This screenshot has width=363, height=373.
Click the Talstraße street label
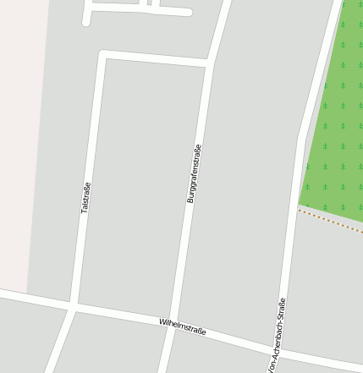(x=85, y=197)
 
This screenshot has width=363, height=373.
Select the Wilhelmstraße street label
(x=183, y=326)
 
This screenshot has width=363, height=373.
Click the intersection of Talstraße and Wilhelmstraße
(x=73, y=306)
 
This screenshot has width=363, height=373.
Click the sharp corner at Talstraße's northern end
(x=102, y=55)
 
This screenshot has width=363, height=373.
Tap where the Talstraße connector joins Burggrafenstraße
(x=208, y=63)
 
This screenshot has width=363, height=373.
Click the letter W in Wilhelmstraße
(x=162, y=321)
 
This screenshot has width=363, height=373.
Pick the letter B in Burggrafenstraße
(x=190, y=200)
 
